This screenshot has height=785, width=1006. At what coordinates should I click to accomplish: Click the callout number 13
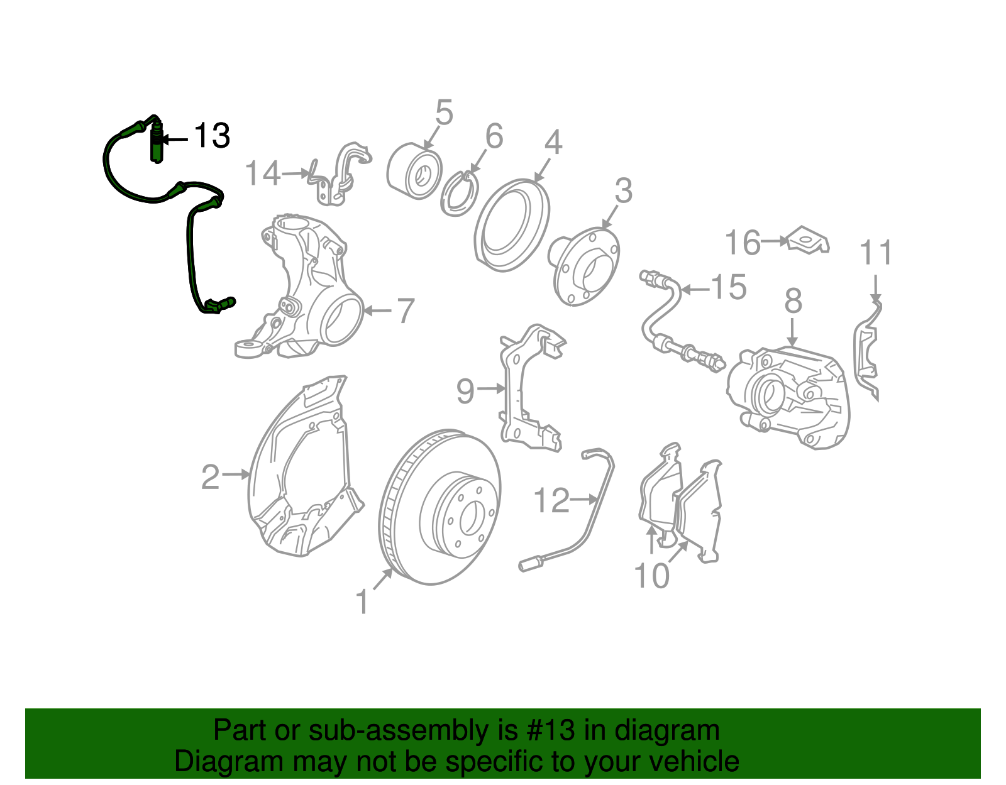(x=212, y=136)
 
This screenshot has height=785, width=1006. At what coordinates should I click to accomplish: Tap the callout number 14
(x=262, y=173)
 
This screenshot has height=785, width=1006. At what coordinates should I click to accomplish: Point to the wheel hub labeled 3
(x=585, y=266)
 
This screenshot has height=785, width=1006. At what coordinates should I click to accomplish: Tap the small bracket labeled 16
(x=809, y=241)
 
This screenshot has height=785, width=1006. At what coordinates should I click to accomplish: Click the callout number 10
(x=651, y=575)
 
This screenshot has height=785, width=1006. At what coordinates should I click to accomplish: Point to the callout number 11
(x=876, y=253)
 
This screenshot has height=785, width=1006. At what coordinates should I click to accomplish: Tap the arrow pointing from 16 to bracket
(x=774, y=240)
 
